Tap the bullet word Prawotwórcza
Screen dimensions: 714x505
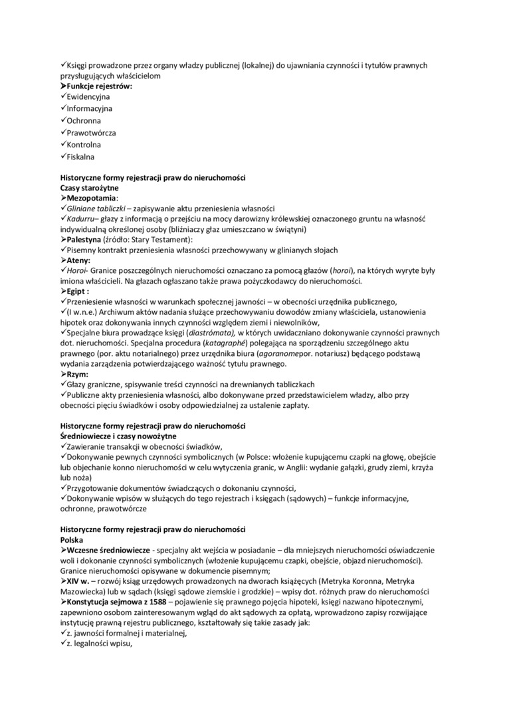91,133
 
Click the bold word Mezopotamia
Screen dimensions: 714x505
92,198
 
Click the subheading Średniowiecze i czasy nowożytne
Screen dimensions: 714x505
118,436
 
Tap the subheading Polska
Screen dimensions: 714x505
71,539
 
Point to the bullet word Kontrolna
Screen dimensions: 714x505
84,145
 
